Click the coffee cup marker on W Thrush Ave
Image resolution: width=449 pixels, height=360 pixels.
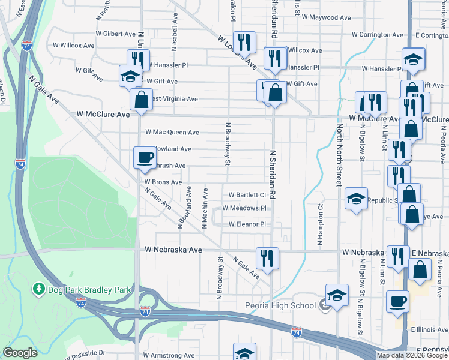click(x=144, y=158)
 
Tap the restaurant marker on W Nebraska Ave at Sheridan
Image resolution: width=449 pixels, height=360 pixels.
click(x=267, y=258)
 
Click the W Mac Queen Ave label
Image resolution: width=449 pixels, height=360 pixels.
click(x=172, y=132)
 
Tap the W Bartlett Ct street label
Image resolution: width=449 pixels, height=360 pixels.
click(x=247, y=195)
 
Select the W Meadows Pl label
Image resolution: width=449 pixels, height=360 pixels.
click(x=244, y=208)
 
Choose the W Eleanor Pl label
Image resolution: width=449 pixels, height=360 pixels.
click(x=247, y=224)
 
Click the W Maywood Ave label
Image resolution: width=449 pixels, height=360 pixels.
click(x=326, y=18)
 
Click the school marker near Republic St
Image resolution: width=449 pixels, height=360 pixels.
click(x=356, y=199)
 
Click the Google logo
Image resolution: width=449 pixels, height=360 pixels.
click(x=20, y=353)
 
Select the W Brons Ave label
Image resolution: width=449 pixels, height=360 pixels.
click(x=163, y=182)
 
